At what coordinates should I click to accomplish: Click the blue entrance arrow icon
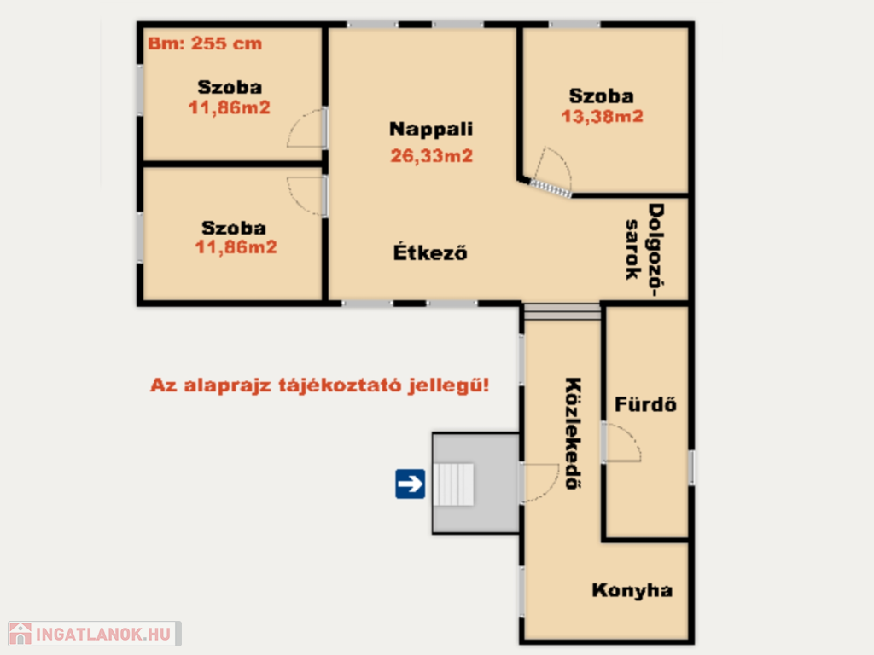tap(411, 484)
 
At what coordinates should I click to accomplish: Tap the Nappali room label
tap(431, 129)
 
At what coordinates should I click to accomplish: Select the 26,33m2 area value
tap(431, 155)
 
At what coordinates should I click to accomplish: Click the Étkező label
tap(430, 252)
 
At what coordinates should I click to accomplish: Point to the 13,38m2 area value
tap(602, 116)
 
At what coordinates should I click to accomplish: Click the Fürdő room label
tap(645, 403)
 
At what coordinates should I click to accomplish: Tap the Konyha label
tap(632, 590)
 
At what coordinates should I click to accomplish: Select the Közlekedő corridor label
tap(574, 433)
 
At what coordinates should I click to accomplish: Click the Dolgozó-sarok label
tap(645, 249)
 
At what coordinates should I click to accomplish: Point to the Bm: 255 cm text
tap(205, 43)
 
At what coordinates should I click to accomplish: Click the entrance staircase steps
tap(453, 484)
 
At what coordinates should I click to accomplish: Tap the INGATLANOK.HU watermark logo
tap(94, 634)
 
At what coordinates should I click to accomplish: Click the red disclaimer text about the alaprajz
tap(319, 385)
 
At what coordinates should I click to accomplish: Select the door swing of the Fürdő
tap(621, 443)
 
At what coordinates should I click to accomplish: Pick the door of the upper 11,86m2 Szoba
tap(306, 128)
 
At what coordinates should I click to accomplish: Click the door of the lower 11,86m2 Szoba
tap(306, 196)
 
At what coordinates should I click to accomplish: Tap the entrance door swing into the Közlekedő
tap(539, 483)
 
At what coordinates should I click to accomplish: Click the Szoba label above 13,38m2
tap(601, 96)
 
